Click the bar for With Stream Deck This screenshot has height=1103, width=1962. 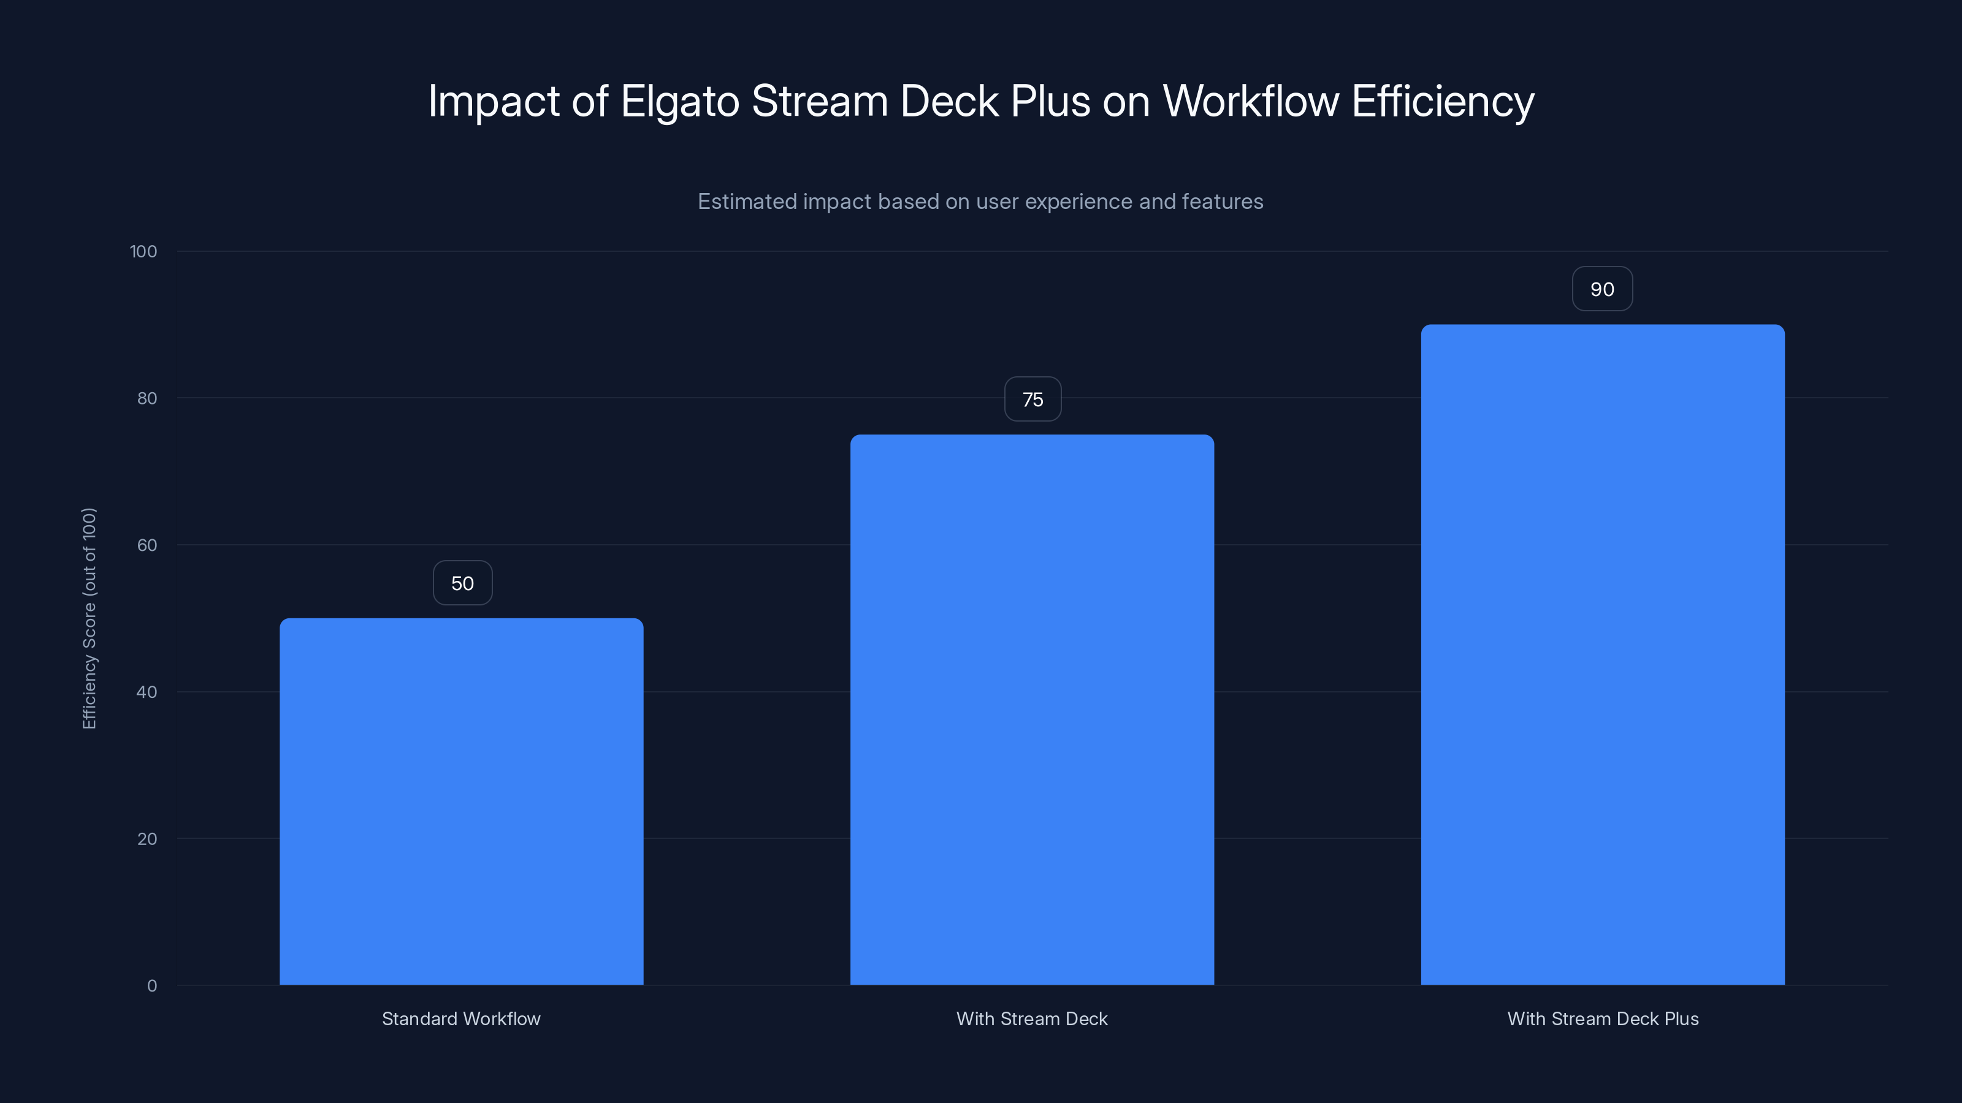tap(1032, 710)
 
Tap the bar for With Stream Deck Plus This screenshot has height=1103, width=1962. tap(1603, 654)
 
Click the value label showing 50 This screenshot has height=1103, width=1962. tap(462, 583)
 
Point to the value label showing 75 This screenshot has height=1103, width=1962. tap(1032, 399)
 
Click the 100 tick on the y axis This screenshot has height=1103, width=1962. tap(143, 251)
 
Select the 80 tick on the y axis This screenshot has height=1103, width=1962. tap(147, 398)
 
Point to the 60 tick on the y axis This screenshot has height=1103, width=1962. tap(147, 545)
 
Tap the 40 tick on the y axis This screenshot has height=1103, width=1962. tap(147, 692)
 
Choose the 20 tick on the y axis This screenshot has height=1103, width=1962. tap(147, 839)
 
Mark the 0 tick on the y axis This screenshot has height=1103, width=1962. tap(151, 986)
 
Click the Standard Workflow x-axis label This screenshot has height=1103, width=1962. tap(461, 1018)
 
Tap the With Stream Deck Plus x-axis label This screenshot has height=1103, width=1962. tap(1603, 1018)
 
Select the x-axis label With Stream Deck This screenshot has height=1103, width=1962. tap(1032, 1018)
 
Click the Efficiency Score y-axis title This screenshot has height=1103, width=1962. tap(89, 618)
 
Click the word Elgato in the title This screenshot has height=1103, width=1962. tap(679, 102)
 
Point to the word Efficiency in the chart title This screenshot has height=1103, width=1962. tap(1443, 102)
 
